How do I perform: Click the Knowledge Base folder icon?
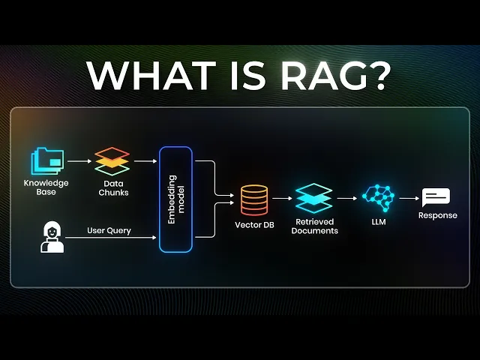click(x=47, y=160)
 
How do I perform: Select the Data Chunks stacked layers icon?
click(x=112, y=160)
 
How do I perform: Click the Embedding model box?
click(x=175, y=199)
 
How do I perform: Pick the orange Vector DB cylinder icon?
click(x=254, y=199)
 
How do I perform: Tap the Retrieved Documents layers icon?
click(x=313, y=199)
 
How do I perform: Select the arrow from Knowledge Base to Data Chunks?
click(x=79, y=160)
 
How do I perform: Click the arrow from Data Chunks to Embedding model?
click(x=145, y=160)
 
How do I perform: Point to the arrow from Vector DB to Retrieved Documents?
click(x=282, y=199)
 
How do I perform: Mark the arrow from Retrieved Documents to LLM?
click(x=346, y=199)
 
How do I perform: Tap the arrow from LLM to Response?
click(x=408, y=199)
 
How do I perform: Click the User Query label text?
click(x=109, y=230)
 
